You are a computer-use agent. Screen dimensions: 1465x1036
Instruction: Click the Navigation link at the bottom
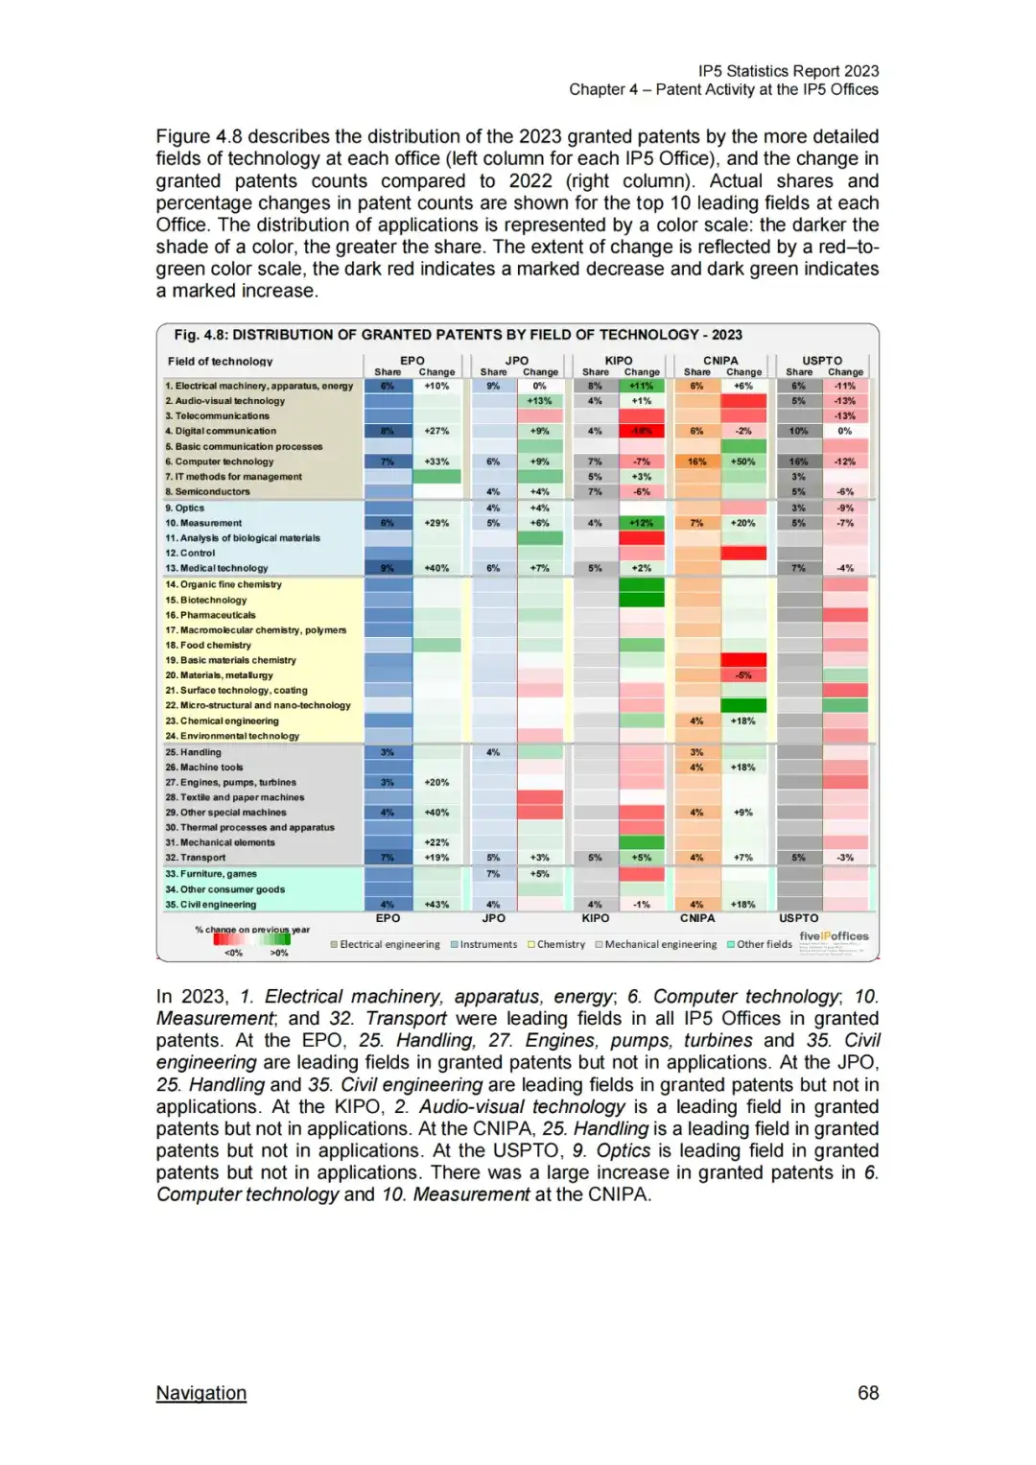pyautogui.click(x=201, y=1392)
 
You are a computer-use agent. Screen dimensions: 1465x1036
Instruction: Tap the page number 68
pyautogui.click(x=867, y=1392)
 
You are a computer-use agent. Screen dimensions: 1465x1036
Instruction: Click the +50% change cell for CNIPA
pyautogui.click(x=743, y=461)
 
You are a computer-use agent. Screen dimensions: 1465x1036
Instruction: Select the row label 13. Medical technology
pyautogui.click(x=217, y=568)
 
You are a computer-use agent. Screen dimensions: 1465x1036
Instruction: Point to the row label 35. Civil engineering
pyautogui.click(x=211, y=905)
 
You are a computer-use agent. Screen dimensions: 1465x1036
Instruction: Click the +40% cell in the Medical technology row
pyautogui.click(x=436, y=568)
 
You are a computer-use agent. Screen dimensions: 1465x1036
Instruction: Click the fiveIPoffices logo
pyautogui.click(x=834, y=936)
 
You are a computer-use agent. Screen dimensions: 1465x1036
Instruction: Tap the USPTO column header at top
pyautogui.click(x=822, y=361)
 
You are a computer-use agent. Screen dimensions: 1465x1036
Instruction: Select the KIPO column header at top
pyautogui.click(x=619, y=361)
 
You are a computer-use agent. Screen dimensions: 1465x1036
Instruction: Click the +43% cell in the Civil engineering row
pyautogui.click(x=436, y=905)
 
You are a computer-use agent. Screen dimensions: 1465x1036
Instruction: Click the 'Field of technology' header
pyautogui.click(x=220, y=362)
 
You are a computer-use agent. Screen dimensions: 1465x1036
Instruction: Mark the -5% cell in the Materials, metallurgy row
pyautogui.click(x=743, y=675)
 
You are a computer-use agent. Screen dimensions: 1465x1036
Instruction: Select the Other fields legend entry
pyautogui.click(x=764, y=944)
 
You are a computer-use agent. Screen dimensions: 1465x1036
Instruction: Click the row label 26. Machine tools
pyautogui.click(x=204, y=768)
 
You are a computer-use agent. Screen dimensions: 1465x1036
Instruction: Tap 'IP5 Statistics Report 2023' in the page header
pyautogui.click(x=788, y=71)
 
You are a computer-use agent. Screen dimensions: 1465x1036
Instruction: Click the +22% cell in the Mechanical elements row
pyautogui.click(x=436, y=842)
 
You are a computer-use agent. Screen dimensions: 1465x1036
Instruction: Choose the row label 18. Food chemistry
pyautogui.click(x=208, y=645)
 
